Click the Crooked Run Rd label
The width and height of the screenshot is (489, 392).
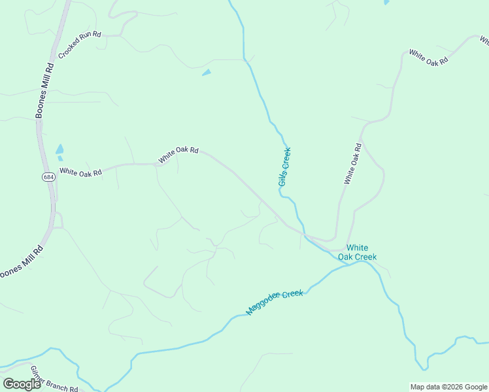click(80, 44)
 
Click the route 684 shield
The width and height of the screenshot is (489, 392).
click(48, 177)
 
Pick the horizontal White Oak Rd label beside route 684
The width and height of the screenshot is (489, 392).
click(80, 172)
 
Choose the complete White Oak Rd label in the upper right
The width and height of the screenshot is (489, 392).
click(428, 56)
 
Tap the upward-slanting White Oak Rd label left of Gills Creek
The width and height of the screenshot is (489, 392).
click(178, 154)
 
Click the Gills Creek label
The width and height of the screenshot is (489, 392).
click(284, 167)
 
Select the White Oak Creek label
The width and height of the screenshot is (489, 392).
click(357, 252)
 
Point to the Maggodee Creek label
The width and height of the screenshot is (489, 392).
click(275, 302)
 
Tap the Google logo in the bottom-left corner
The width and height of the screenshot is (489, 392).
click(22, 384)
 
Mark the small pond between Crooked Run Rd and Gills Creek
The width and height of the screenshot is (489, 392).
click(207, 72)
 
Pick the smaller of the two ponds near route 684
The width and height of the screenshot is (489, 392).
click(60, 158)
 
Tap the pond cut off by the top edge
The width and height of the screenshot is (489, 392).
click(386, 2)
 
